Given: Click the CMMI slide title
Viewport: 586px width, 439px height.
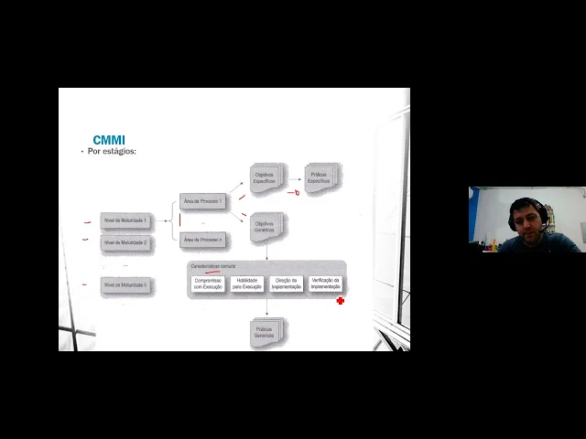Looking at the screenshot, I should (109, 140).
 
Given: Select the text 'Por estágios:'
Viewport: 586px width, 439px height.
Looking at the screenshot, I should (112, 151).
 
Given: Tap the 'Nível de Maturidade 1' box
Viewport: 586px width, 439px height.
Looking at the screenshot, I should (125, 220).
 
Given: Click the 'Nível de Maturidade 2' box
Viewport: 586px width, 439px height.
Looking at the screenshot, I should (125, 242).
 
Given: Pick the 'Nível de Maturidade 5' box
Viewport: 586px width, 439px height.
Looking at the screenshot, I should (125, 285).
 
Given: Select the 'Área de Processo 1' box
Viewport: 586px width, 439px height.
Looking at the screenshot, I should (202, 200).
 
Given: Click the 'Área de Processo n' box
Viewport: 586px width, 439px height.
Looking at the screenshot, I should (202, 240).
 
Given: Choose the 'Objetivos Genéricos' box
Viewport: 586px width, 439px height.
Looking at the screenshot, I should (267, 226).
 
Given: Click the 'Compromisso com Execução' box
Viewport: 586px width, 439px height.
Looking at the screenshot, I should (208, 284).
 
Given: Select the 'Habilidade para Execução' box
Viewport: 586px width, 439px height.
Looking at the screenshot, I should (247, 284).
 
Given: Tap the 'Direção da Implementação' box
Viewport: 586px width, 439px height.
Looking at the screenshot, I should (287, 284).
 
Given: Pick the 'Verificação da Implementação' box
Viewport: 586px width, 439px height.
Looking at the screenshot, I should (325, 284).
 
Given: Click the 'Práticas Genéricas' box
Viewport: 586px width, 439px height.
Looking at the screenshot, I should (267, 332).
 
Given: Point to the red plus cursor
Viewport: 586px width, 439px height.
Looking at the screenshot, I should (341, 300).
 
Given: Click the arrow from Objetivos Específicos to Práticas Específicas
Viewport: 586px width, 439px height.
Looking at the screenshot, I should (295, 179).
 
